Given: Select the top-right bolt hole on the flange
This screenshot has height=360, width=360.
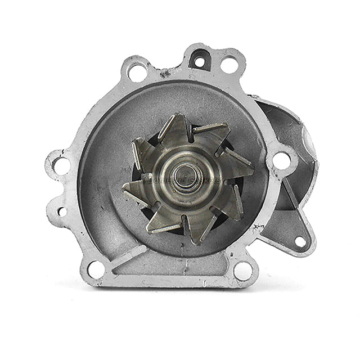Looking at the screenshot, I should (229, 64).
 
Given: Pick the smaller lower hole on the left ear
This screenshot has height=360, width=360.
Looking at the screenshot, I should (61, 211).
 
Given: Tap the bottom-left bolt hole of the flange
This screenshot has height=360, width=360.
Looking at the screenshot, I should (96, 269).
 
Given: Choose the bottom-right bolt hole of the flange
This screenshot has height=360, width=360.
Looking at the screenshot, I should (243, 271).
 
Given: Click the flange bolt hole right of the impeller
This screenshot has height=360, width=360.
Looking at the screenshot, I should (281, 160).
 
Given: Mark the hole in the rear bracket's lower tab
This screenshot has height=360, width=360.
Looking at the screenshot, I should (300, 242).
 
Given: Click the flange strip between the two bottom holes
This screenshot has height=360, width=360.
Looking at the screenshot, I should (169, 275).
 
